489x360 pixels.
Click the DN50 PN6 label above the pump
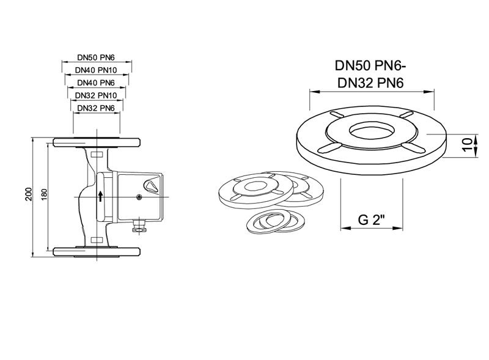tap(97, 57)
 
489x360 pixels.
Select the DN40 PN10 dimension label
tap(97, 70)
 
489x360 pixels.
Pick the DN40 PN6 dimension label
tap(97, 83)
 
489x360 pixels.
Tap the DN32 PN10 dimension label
tap(97, 95)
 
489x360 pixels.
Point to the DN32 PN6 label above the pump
tap(97, 108)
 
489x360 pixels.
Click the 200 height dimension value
tap(28, 194)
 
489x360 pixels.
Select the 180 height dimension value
tap(43, 194)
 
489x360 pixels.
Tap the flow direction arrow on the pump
tap(101, 196)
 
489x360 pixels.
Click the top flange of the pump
tap(97, 142)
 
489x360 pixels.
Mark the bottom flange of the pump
tap(97, 251)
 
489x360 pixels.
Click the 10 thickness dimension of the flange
tap(468, 145)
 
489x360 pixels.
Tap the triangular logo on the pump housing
tap(150, 184)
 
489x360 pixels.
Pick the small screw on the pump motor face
tap(139, 197)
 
